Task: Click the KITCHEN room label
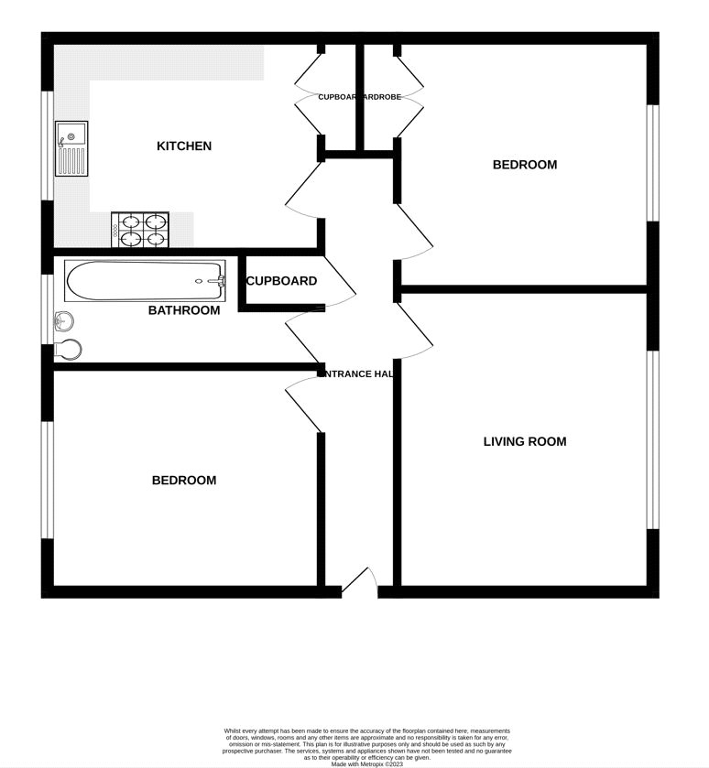coord(184,146)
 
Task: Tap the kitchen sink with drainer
coord(71,148)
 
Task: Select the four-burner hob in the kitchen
coord(141,230)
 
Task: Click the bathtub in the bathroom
coord(145,280)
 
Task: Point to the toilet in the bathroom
coord(68,349)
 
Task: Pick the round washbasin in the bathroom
coord(63,321)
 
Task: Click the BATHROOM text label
coord(184,311)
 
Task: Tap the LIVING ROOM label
coord(525,442)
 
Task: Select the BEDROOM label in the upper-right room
coord(525,166)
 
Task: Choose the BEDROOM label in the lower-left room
coord(184,481)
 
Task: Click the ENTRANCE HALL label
coord(358,373)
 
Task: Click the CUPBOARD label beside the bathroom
coord(281,282)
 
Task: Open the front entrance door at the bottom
coord(359,582)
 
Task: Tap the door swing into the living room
coord(415,330)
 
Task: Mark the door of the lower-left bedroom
coord(303,403)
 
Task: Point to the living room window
coord(653,440)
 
